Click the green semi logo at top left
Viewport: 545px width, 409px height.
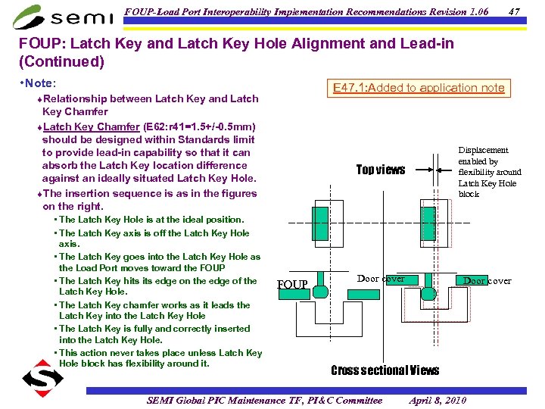[57, 15]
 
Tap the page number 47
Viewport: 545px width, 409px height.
[514, 11]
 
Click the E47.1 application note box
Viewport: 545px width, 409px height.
[419, 88]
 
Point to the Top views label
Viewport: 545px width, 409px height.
[381, 170]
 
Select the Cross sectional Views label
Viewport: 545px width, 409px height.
[385, 370]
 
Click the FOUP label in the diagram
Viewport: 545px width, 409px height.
[292, 285]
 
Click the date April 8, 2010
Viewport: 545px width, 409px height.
[438, 400]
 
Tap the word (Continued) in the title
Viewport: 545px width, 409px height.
[61, 61]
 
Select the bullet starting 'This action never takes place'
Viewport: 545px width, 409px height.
[160, 358]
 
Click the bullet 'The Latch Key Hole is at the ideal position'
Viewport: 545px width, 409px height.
[151, 220]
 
